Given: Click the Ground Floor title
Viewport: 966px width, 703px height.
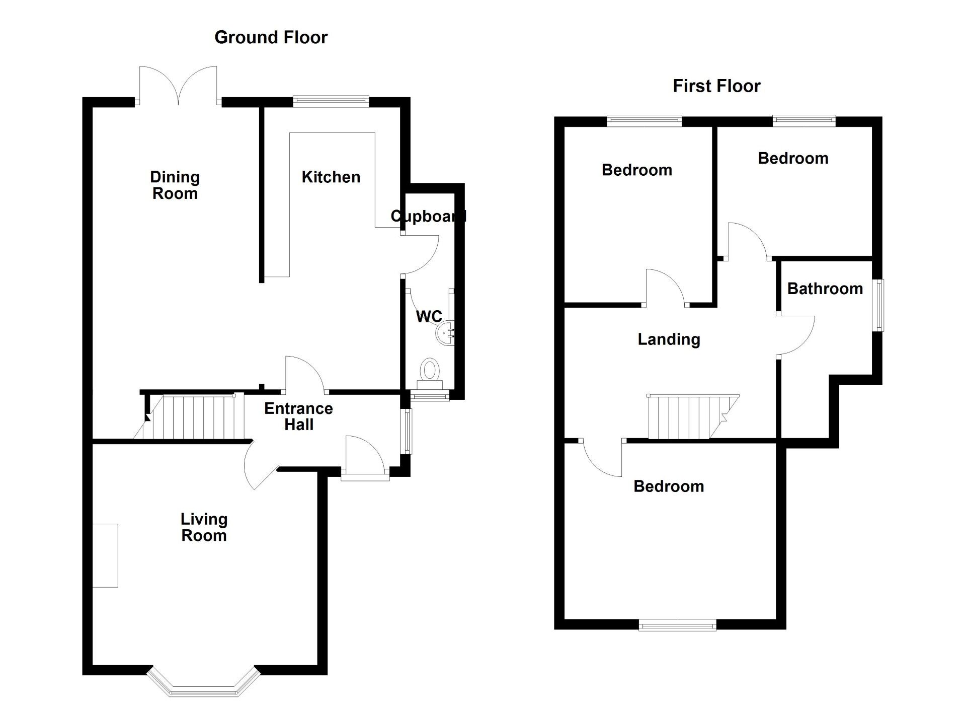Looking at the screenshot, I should pos(271,37).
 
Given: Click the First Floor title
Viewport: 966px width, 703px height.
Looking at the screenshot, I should pos(716,86).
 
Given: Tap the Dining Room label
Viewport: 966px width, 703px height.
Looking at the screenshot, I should pos(175,185).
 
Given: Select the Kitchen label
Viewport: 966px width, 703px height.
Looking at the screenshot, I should pos(331,177).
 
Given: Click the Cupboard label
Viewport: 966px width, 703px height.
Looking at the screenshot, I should pos(428,216).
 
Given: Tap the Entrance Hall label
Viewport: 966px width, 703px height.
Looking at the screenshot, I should pos(298,416).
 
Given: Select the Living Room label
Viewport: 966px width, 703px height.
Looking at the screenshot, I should pos(204,527).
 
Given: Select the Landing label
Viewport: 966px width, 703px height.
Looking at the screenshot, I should pos(669,339).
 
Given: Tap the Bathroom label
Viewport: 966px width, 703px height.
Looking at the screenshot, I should pos(825,289).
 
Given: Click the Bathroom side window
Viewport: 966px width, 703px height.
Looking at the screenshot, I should pos(879,305).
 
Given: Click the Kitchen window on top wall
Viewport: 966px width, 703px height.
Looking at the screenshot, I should pos(331,101).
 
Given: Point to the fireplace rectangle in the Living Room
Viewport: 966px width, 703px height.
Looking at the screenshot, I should pos(105,555).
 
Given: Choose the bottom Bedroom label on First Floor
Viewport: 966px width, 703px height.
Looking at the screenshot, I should pos(668,486).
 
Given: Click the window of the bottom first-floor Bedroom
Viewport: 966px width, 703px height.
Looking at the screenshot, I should pos(677,625).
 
